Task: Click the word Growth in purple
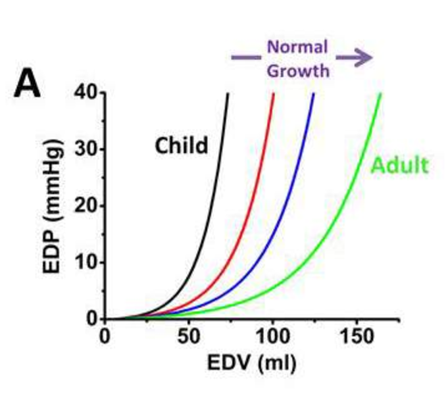[298, 70]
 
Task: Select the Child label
[181, 145]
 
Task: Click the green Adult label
[399, 165]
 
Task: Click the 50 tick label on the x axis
[188, 337]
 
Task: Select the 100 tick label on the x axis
[271, 337]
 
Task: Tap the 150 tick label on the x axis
[355, 337]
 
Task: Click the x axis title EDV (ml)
[253, 363]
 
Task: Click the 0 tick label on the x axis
[105, 337]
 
